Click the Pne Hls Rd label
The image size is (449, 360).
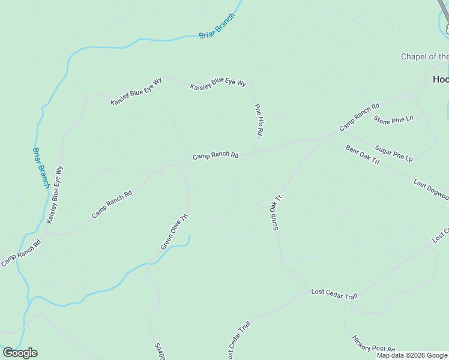(x=260, y=119)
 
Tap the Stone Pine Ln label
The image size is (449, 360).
(x=394, y=119)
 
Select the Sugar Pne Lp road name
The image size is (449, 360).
(x=394, y=154)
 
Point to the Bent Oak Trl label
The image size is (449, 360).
(x=363, y=155)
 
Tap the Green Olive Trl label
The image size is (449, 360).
(x=175, y=232)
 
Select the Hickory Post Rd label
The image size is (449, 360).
(x=373, y=344)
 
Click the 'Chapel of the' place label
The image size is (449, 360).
(x=424, y=57)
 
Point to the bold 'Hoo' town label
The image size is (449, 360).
(x=441, y=79)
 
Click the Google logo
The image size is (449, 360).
(x=20, y=353)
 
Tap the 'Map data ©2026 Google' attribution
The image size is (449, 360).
(x=412, y=355)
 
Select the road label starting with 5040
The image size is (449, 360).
(x=159, y=351)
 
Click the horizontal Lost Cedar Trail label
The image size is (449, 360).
(x=334, y=292)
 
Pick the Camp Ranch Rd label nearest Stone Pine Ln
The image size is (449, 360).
(x=360, y=117)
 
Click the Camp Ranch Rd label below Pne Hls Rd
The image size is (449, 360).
(x=215, y=155)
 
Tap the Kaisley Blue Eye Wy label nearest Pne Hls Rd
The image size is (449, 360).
(x=218, y=83)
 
